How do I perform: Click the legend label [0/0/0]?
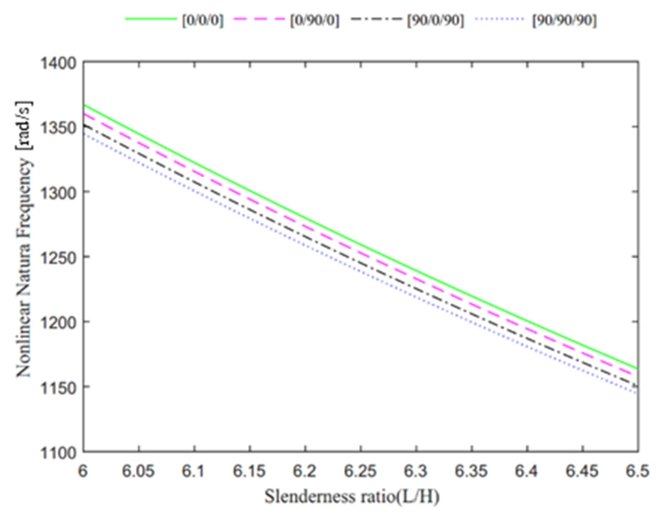point(203,20)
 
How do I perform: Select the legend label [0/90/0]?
point(315,20)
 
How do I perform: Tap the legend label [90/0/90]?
point(435,20)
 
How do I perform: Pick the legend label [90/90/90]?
point(564,20)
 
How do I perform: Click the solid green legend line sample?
point(151,19)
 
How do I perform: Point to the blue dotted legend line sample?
point(499,19)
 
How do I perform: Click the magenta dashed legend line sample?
point(259,19)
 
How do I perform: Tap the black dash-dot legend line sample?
point(376,19)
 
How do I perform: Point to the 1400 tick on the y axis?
point(58,63)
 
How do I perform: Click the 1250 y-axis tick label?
point(58,258)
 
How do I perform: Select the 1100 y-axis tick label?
point(58,453)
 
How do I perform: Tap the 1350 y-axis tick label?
point(58,128)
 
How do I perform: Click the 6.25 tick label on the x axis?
point(360,471)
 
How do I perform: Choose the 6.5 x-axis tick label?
point(637,471)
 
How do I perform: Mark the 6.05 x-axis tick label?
point(138,471)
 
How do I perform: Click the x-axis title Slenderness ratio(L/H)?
point(352,497)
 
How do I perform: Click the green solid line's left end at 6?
point(84,105)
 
